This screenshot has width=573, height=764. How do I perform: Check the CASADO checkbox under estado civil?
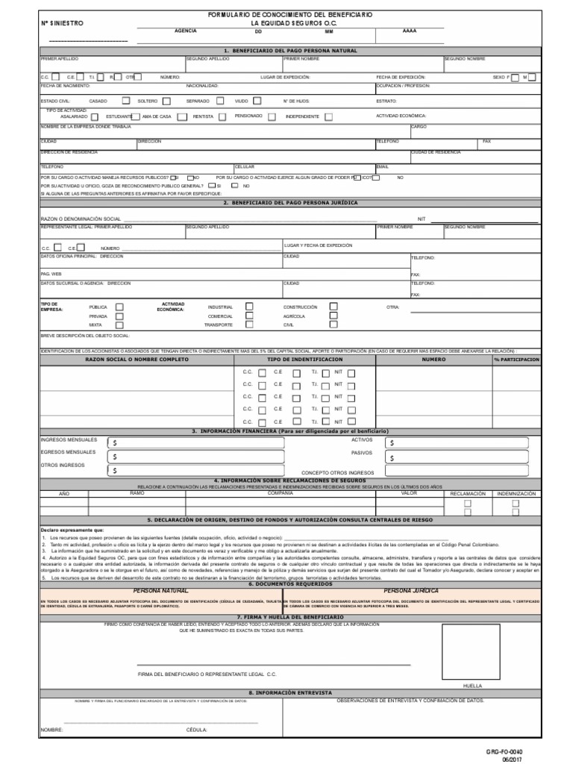click(125, 101)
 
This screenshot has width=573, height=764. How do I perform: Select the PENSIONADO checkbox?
click(272, 116)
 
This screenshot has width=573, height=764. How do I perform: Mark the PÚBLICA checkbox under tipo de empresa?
click(119, 307)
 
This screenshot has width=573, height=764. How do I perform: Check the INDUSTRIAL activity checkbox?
click(249, 307)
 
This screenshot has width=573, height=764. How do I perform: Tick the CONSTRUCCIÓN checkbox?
click(334, 307)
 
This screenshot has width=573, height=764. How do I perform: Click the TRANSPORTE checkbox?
click(249, 325)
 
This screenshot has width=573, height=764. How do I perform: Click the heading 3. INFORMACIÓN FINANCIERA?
click(289, 432)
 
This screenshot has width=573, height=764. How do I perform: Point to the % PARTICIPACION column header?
click(516, 360)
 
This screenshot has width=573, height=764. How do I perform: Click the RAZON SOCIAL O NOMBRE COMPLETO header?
click(138, 360)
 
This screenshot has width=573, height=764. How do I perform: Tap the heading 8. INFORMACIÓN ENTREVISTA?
click(289, 692)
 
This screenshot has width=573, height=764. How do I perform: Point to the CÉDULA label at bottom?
click(197, 730)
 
